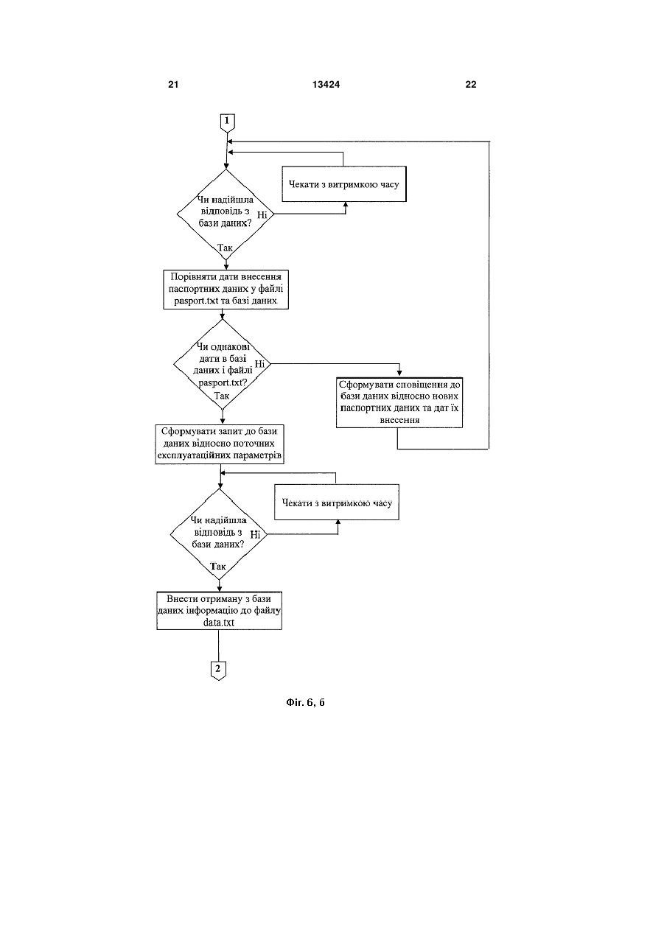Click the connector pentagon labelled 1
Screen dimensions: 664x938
click(227, 123)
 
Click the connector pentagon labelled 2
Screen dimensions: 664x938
click(218, 671)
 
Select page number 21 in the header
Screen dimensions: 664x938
click(173, 85)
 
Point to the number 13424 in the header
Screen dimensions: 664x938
click(326, 85)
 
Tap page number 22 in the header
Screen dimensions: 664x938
click(471, 85)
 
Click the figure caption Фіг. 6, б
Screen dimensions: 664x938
click(305, 703)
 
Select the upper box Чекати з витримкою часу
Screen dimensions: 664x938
click(344, 183)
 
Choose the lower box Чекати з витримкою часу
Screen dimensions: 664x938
click(337, 502)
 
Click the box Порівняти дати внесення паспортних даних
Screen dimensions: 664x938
click(226, 290)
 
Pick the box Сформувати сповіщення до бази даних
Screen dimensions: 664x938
click(399, 402)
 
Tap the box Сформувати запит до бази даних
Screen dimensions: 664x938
click(220, 444)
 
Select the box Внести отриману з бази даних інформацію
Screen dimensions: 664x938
click(219, 611)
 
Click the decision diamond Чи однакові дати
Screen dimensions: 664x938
click(222, 364)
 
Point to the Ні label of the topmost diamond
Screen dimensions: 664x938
click(262, 215)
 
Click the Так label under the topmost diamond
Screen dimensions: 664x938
click(225, 248)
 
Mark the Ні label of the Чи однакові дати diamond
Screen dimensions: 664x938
click(259, 364)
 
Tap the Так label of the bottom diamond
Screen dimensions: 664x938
click(218, 567)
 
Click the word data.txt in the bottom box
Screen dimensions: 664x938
click(219, 622)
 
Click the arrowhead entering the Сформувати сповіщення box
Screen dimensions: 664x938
click(399, 374)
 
